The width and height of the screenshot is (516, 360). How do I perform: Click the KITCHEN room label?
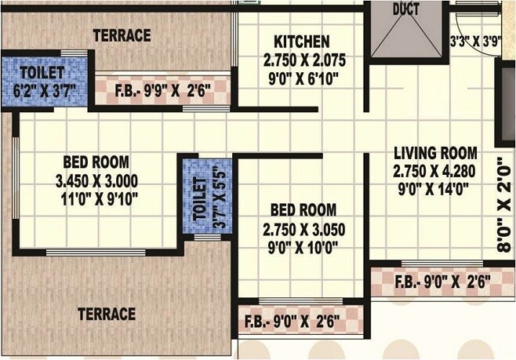[301, 42]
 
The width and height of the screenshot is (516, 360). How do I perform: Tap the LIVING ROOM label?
[435, 152]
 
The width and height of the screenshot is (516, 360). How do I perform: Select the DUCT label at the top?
[406, 9]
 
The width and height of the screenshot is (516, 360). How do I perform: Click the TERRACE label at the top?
[122, 36]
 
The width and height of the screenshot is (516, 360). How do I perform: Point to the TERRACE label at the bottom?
[107, 314]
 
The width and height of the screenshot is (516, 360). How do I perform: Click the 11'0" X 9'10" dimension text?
[96, 198]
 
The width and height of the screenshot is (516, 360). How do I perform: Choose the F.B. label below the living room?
[442, 281]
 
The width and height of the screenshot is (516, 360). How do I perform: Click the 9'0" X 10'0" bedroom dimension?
[303, 247]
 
